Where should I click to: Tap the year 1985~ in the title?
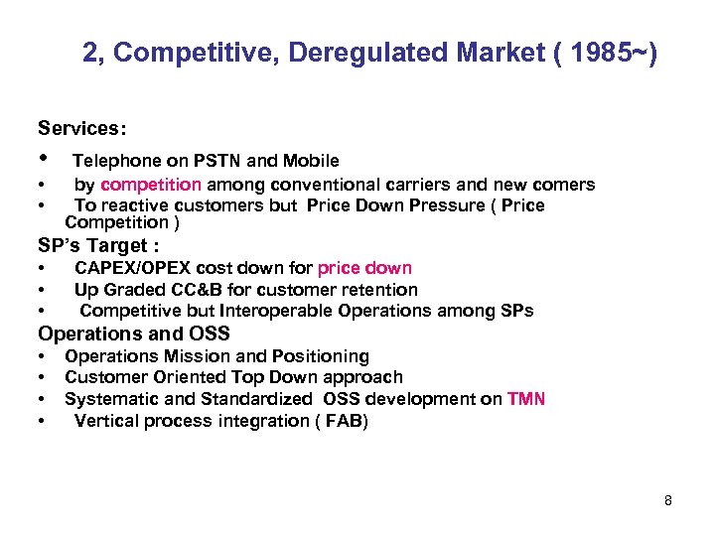pos(609,54)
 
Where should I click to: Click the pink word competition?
pos(151,185)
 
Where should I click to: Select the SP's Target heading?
pos(98,245)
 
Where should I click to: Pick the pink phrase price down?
pos(364,268)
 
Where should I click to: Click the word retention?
pos(381,290)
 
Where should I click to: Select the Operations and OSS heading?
pos(134,334)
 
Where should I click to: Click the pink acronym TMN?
pos(525,399)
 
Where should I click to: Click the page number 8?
pos(668,500)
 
